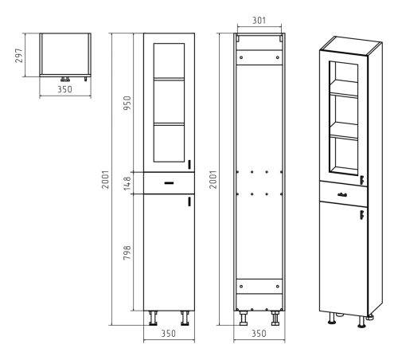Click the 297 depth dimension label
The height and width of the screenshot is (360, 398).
pyautogui.click(x=19, y=56)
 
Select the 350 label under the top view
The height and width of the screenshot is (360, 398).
pyautogui.click(x=64, y=89)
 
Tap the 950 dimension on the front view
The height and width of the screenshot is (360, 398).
pyautogui.click(x=127, y=103)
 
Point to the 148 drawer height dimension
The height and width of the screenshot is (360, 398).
pyautogui.click(x=127, y=183)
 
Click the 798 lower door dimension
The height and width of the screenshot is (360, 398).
pyautogui.click(x=127, y=252)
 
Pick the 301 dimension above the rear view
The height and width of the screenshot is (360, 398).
pyautogui.click(x=259, y=21)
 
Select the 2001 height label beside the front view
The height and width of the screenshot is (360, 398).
pyautogui.click(x=106, y=179)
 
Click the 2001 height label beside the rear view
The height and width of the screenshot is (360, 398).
pyautogui.click(x=213, y=179)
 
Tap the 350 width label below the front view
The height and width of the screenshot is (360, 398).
pyautogui.click(x=169, y=334)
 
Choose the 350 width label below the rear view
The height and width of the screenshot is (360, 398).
pyautogui.click(x=259, y=334)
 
